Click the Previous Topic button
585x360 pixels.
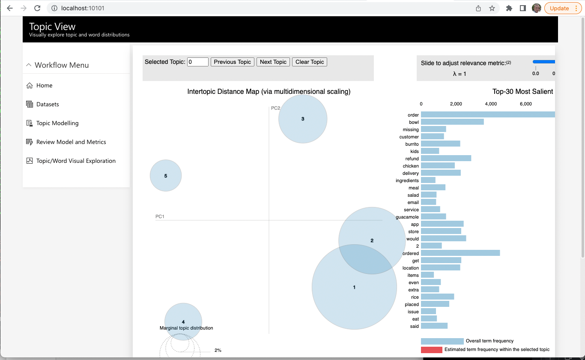click(233, 62)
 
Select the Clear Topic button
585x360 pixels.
click(310, 62)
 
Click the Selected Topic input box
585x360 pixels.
click(198, 62)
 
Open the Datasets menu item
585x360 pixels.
click(48, 104)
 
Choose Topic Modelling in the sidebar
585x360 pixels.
click(57, 123)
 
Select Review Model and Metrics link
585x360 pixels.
click(71, 142)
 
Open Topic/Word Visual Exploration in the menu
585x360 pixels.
click(76, 161)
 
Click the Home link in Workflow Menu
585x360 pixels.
click(44, 85)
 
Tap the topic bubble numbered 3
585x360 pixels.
click(303, 119)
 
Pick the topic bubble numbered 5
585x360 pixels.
click(166, 176)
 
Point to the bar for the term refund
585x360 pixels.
click(446, 159)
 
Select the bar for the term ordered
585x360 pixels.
click(460, 253)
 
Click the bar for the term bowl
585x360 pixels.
click(452, 122)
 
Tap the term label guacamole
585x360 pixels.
click(407, 217)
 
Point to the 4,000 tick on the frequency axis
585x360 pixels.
click(491, 104)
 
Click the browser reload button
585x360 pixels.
click(37, 8)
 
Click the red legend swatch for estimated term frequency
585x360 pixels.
click(431, 350)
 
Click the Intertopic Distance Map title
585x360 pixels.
click(269, 92)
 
